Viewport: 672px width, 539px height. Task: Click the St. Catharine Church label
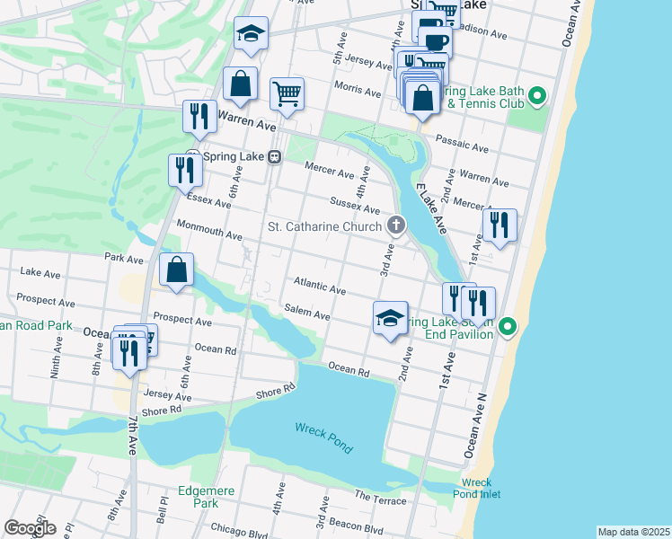(325, 226)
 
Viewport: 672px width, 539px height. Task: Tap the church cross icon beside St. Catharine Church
(394, 225)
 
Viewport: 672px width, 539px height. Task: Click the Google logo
(30, 528)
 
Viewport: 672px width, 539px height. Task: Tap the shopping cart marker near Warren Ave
(287, 93)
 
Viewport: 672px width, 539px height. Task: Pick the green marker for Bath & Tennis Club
(537, 95)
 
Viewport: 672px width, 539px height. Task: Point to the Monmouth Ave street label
(209, 230)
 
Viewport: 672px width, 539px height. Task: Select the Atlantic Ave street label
(319, 286)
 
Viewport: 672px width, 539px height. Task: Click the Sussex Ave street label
(349, 206)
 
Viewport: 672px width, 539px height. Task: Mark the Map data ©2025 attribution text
(633, 531)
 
